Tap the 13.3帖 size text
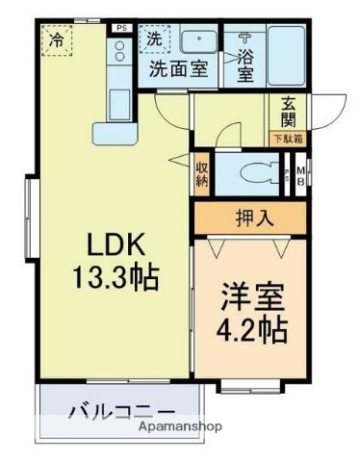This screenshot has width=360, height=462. (114, 278)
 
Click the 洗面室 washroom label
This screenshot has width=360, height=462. (177, 69)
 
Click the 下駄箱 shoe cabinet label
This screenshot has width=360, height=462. (290, 140)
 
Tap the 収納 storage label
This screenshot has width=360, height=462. (202, 171)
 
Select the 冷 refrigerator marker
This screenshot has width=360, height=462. (57, 40)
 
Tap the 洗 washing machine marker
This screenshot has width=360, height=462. (153, 39)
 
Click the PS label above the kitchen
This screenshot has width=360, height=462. (120, 29)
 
